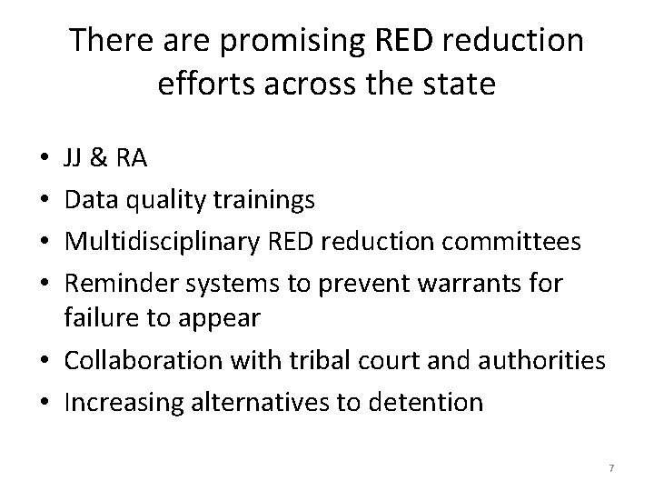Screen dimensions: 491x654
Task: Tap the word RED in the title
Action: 395,41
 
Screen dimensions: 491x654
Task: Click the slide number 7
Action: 611,468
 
